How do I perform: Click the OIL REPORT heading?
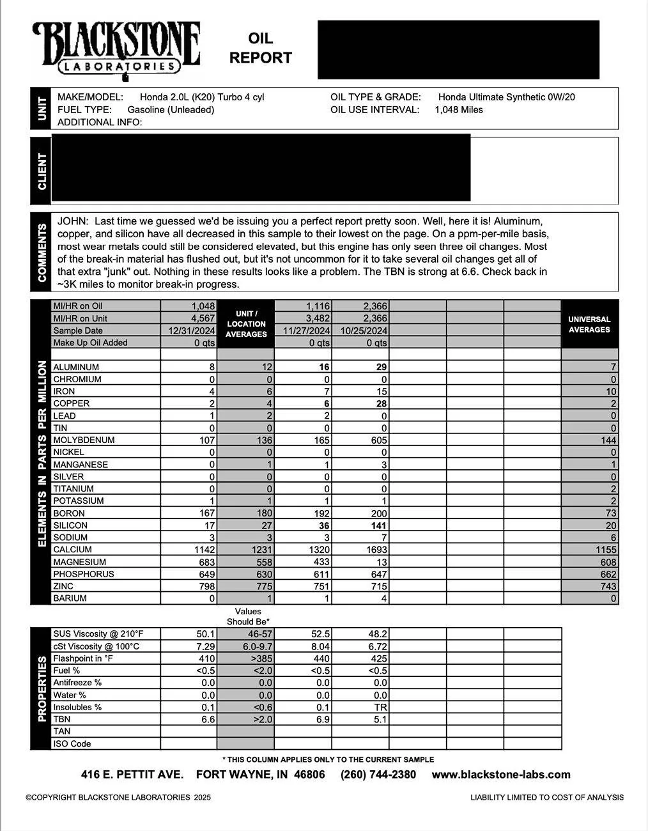260,49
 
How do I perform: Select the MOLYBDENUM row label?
84,440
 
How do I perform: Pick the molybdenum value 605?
378,440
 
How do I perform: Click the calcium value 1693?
376,550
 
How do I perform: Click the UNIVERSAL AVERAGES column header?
589,324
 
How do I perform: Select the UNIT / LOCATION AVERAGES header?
246,324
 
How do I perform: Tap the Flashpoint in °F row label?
83,658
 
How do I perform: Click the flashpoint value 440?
321,658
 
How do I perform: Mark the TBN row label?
62,719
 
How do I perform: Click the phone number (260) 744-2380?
378,775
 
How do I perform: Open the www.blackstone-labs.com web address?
501,775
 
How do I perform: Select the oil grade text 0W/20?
561,97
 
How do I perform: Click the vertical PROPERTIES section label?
42,688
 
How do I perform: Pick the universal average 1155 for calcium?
606,550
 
